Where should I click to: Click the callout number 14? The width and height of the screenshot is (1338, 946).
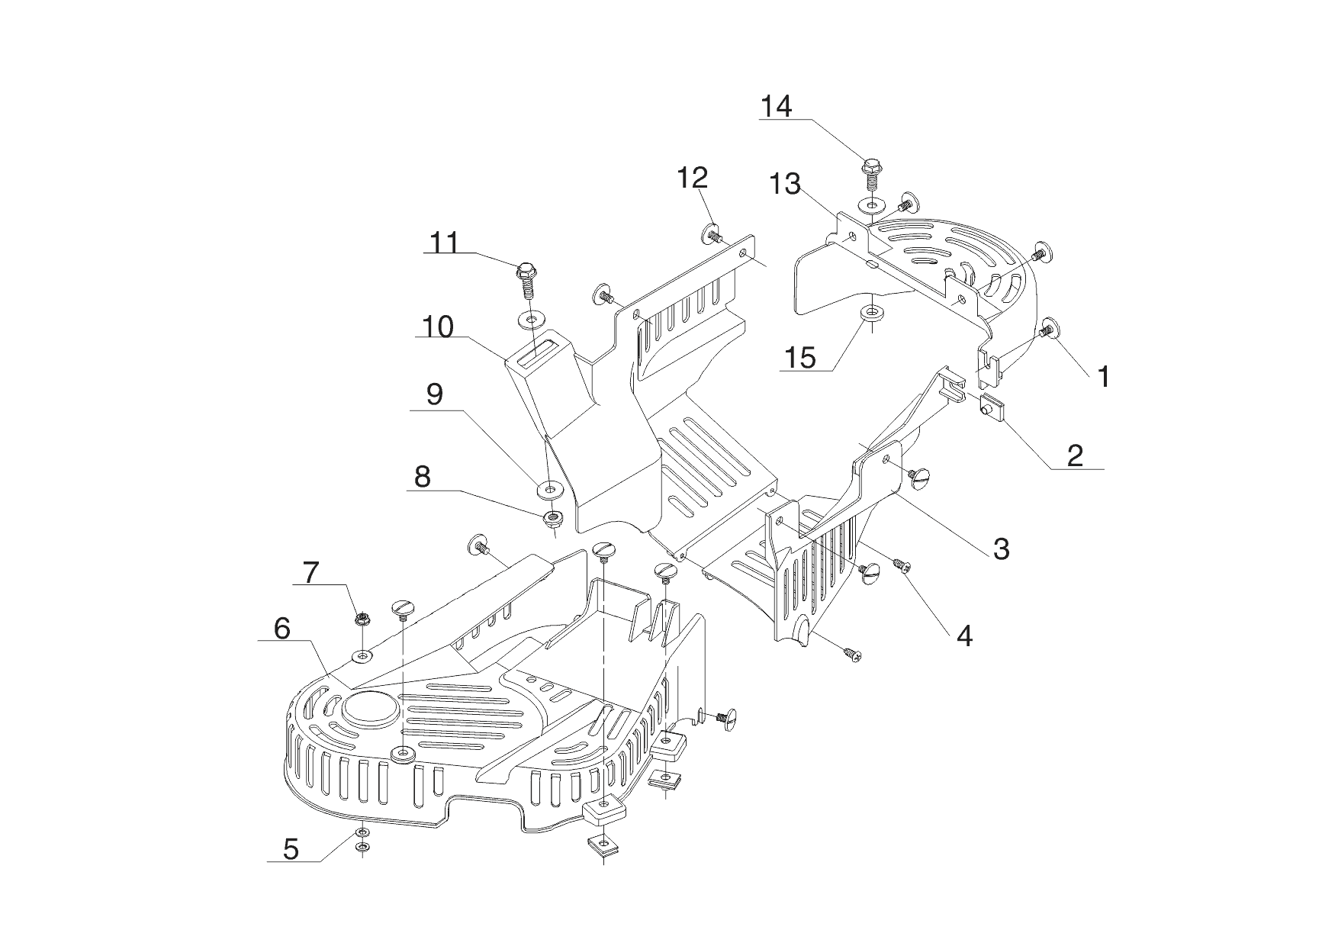click(776, 107)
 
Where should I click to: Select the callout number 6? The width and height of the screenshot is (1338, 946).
click(281, 629)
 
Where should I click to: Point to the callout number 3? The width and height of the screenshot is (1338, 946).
click(1001, 548)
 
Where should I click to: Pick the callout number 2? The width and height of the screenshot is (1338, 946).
click(1075, 455)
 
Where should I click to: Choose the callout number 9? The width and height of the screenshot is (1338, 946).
click(434, 395)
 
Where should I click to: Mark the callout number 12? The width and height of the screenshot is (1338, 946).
click(693, 178)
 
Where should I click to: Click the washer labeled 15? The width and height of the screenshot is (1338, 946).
click(869, 313)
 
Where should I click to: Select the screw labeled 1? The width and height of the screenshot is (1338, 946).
click(1048, 330)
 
